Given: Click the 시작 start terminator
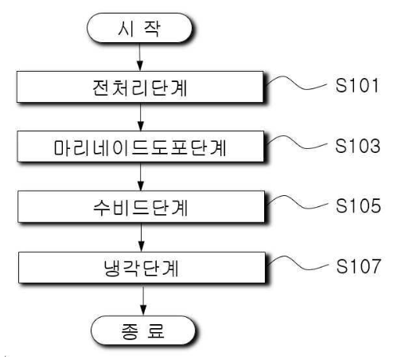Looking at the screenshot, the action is point(139,28).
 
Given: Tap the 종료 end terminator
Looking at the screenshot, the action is point(143,331).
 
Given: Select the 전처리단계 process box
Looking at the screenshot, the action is point(140,87).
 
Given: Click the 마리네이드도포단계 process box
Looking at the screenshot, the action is point(141,147).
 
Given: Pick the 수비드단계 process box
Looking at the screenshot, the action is point(141,206).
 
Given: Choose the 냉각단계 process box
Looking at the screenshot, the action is point(142,268).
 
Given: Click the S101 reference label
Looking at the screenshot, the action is point(357,85).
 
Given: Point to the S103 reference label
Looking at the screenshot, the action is point(357,146).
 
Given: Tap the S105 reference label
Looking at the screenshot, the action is point(358,205).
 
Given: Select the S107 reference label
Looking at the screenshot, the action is point(359,266).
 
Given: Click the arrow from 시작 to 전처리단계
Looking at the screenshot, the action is point(140,57).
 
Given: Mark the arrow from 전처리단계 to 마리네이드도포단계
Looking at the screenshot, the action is point(141,116).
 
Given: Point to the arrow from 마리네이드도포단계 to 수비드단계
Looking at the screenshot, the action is point(141,176).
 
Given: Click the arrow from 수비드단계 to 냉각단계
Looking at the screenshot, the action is point(142,237).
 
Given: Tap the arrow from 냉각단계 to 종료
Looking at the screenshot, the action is point(143,299).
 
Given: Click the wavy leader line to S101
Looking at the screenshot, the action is point(296,83).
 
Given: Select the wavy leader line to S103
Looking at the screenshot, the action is point(297,143).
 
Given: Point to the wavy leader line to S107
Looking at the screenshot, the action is point(298,264).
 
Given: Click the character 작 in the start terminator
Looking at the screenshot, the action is point(152,28).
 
